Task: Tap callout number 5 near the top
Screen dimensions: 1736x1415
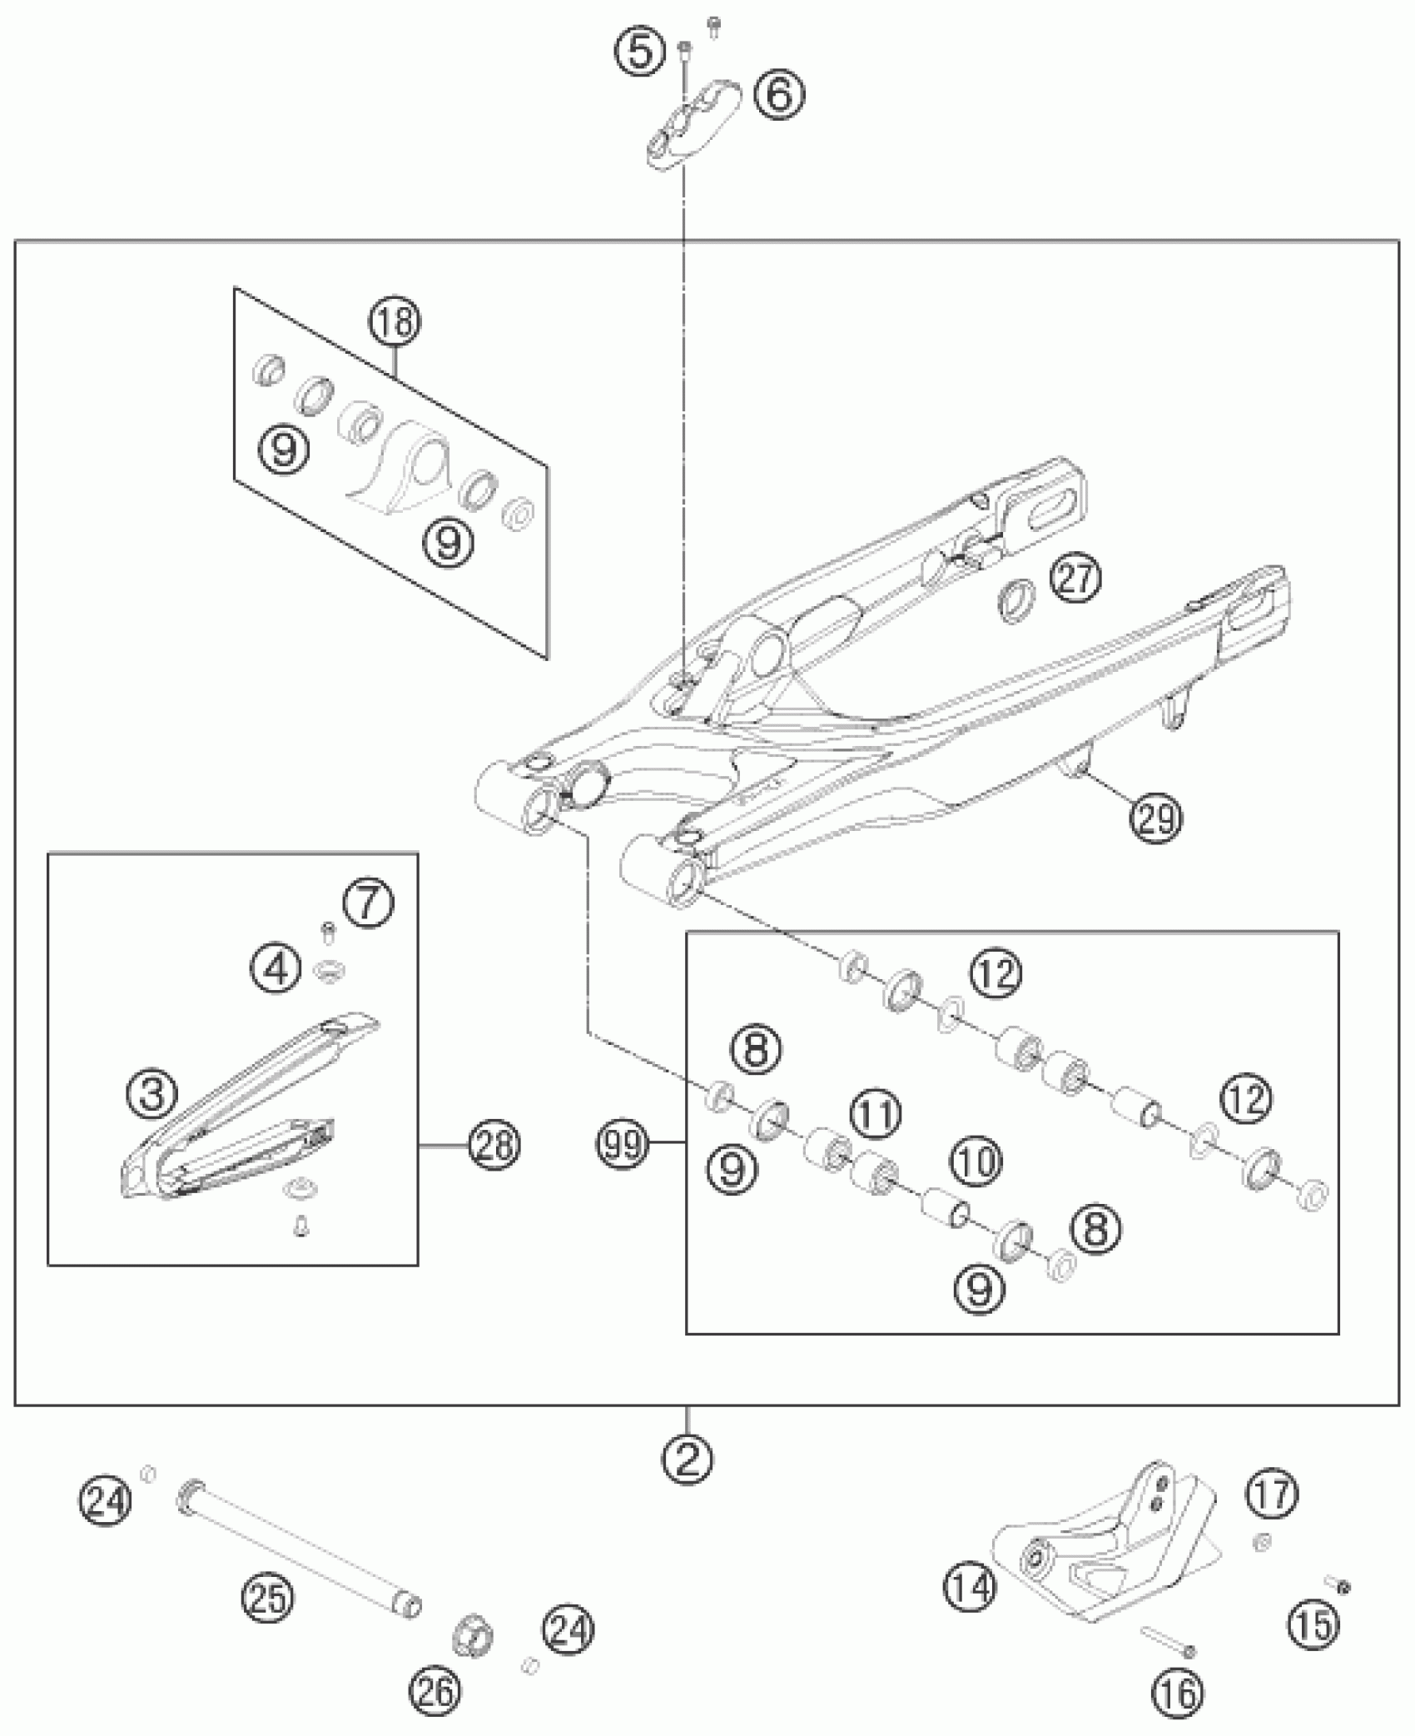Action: pyautogui.click(x=641, y=52)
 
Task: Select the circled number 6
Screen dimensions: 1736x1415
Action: pyautogui.click(x=780, y=96)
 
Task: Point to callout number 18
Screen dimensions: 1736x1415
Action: pyautogui.click(x=395, y=322)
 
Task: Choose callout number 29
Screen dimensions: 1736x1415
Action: pyautogui.click(x=1155, y=819)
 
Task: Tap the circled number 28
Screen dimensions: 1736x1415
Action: pyautogui.click(x=494, y=1146)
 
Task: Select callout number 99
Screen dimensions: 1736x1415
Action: pyautogui.click(x=622, y=1147)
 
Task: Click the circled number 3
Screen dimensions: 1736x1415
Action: pyautogui.click(x=154, y=1095)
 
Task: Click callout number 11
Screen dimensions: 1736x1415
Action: pyautogui.click(x=875, y=1115)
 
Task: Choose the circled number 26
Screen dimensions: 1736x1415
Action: pyautogui.click(x=434, y=1691)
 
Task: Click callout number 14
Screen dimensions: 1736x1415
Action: pyautogui.click(x=971, y=1587)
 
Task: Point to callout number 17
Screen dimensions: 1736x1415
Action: pyautogui.click(x=1273, y=1494)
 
